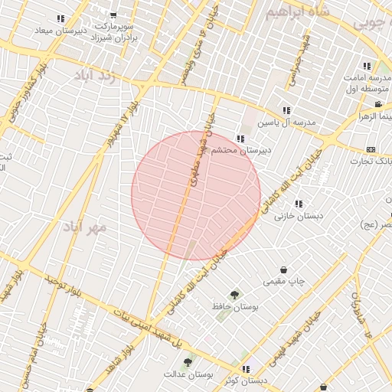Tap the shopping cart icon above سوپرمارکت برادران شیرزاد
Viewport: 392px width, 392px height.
[x=114, y=15]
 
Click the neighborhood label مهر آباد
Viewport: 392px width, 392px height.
[x=86, y=227]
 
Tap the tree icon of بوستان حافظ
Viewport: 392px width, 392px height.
[x=234, y=294]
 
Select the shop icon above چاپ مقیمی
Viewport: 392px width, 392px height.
[x=284, y=269]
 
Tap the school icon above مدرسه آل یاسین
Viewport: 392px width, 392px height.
[x=287, y=110]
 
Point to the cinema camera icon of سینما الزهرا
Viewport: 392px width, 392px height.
[x=378, y=103]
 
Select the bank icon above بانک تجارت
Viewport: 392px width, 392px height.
[x=371, y=149]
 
